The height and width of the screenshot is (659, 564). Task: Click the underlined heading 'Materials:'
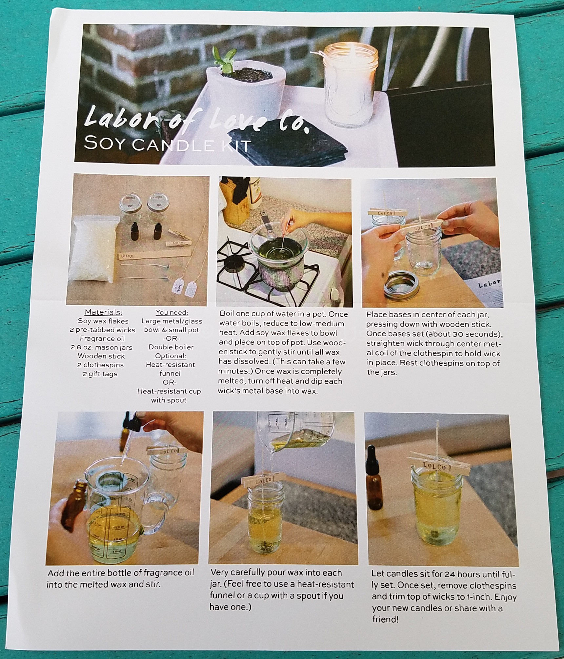tap(103, 312)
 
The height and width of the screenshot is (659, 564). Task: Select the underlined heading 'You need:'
tap(172, 312)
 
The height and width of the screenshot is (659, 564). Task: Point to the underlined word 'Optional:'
tap(171, 356)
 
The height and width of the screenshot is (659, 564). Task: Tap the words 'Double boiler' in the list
tap(171, 347)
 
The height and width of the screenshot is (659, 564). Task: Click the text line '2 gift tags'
tap(100, 374)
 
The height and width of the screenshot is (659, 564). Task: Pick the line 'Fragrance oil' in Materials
tap(102, 339)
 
